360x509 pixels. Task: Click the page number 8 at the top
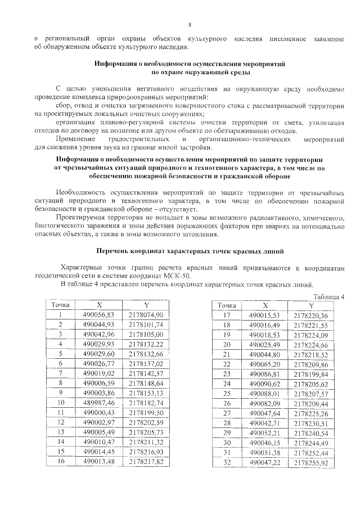point(190,25)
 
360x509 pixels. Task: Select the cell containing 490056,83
point(98,315)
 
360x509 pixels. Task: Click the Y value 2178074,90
point(146,315)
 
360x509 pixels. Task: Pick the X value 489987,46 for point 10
point(98,403)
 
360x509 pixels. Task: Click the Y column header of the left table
point(146,305)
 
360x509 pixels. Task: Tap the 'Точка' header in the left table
point(60,305)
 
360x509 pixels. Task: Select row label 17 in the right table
point(227,315)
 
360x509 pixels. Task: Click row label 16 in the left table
point(60,462)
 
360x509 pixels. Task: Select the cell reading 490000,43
point(98,413)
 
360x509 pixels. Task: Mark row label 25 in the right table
point(227,393)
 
